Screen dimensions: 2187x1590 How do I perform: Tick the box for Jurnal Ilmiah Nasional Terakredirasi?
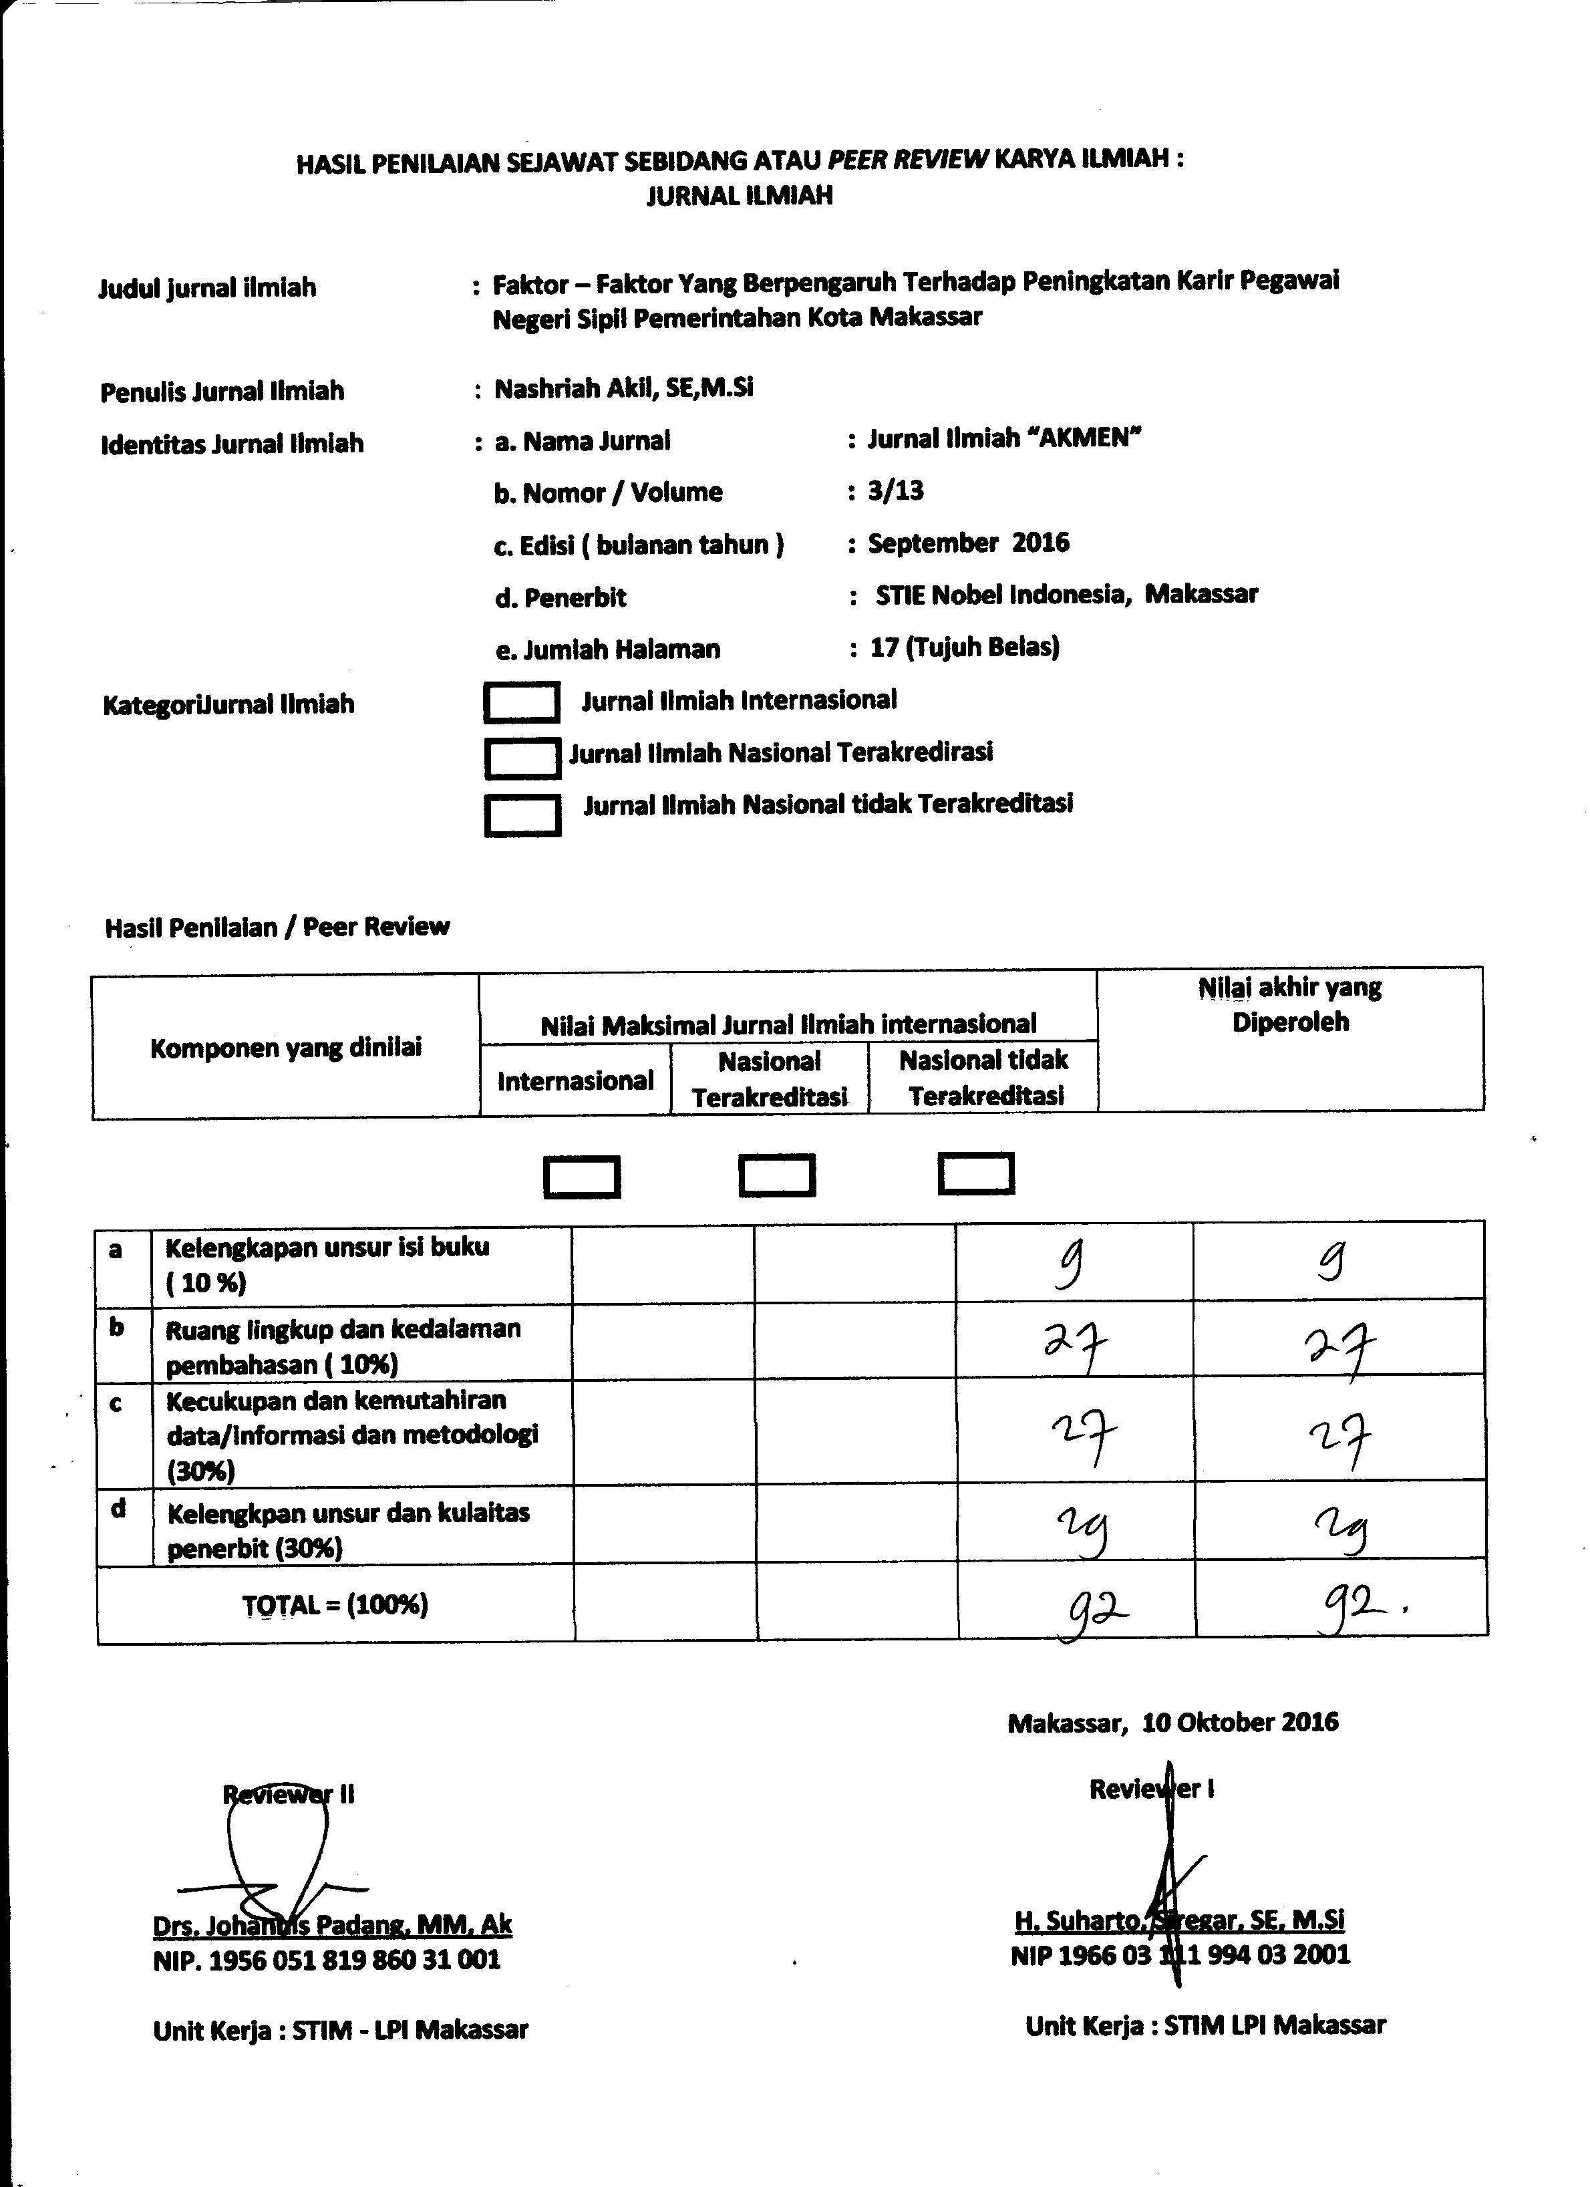[522, 758]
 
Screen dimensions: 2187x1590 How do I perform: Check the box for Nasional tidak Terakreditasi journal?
[522, 815]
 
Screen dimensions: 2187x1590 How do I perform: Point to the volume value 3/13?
[896, 491]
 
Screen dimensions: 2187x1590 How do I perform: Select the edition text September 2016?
[968, 543]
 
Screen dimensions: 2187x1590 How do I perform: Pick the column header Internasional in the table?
[576, 1081]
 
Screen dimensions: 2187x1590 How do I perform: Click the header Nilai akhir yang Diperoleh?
[1290, 1005]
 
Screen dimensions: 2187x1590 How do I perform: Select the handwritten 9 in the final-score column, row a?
[1331, 1262]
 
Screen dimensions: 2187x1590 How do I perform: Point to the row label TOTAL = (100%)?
[335, 1604]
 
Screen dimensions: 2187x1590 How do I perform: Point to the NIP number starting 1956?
[327, 1959]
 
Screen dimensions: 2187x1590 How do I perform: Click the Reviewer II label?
[289, 1795]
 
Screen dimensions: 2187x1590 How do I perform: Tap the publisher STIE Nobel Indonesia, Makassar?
[1066, 595]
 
